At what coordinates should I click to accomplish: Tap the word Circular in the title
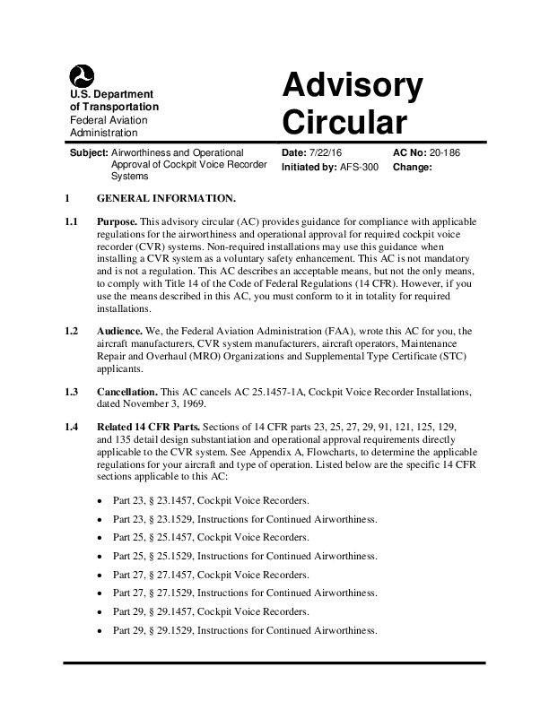344,121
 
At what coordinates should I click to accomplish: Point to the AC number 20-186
446,153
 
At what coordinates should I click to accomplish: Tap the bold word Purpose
117,221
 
